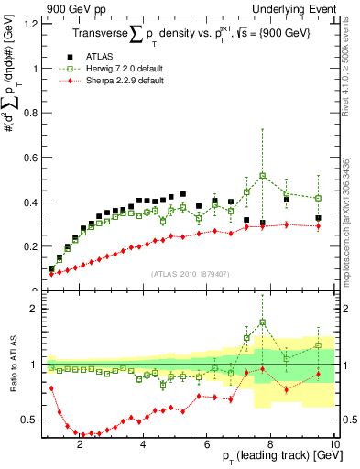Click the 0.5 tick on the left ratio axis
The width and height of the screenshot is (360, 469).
[27, 420]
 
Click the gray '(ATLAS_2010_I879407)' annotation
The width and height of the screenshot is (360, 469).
[191, 272]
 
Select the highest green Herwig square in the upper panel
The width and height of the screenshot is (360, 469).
[263, 175]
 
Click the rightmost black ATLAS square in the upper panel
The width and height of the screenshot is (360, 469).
[318, 218]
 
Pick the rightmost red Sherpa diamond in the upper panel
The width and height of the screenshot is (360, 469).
[318, 225]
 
